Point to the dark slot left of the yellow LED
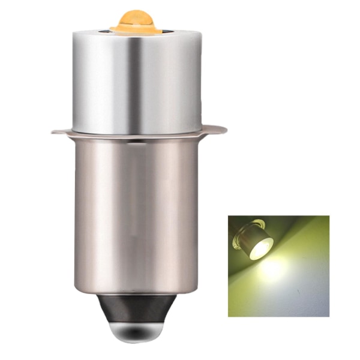tap(113, 28)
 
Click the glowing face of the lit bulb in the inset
tap(262, 248)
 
